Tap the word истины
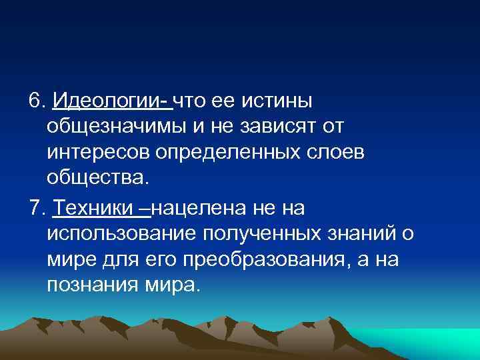(279, 101)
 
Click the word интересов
(98, 152)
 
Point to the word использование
(116, 233)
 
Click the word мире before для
(73, 259)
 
